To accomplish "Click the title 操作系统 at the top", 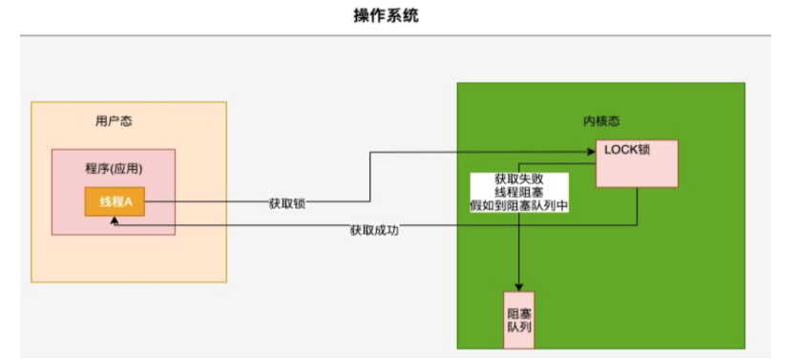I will [398, 16].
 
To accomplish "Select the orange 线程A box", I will [115, 202].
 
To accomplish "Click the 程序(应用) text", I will [114, 170].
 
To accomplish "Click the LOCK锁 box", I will [637, 163].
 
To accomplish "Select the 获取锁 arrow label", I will [287, 203].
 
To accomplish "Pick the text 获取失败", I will [519, 180].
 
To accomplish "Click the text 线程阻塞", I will [519, 193].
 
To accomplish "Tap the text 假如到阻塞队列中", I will [519, 206].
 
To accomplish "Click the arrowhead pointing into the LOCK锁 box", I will [591, 151].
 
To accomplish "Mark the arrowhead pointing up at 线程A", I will [115, 221].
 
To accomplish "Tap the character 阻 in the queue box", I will [513, 313].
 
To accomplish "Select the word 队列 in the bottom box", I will [519, 329].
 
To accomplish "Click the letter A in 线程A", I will [128, 202].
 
